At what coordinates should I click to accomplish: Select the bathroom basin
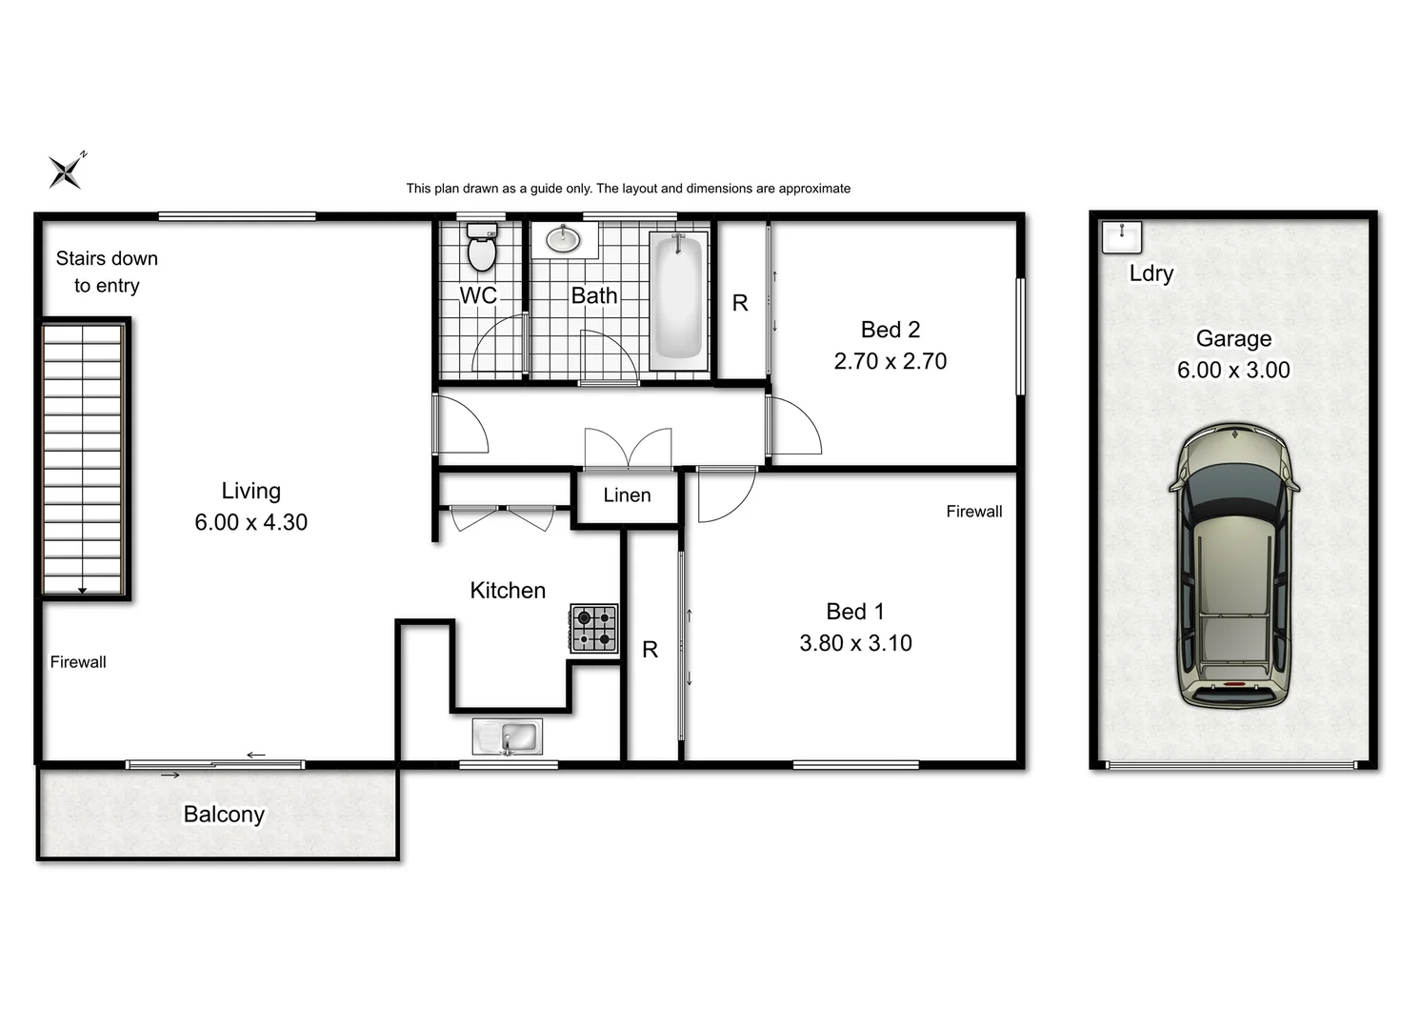click(564, 239)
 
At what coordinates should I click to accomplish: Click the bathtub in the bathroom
click(679, 299)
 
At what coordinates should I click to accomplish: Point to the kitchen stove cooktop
click(593, 629)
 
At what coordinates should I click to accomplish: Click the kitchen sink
click(508, 736)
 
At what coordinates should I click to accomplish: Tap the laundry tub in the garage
click(1121, 236)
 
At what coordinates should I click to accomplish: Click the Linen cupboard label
click(627, 495)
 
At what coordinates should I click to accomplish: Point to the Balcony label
click(224, 815)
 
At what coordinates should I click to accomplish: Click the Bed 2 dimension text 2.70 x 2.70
click(890, 361)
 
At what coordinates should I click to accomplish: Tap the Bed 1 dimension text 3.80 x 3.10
click(855, 643)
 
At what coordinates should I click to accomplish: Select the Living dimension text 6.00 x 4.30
click(250, 522)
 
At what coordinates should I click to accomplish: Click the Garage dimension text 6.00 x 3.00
click(1233, 371)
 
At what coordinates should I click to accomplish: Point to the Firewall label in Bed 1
click(973, 512)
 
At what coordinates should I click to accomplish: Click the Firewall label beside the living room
click(78, 662)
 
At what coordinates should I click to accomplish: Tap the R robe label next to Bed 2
click(740, 303)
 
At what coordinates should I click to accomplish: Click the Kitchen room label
click(508, 591)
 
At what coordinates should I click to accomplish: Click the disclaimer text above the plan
click(628, 189)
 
